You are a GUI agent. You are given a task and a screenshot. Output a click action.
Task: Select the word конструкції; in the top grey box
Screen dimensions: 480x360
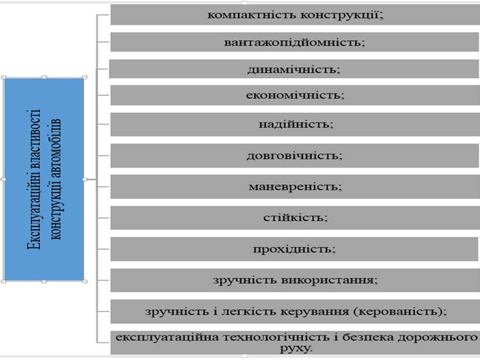pos(342,15)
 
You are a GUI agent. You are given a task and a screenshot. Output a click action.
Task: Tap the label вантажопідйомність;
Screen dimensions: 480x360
pos(295,42)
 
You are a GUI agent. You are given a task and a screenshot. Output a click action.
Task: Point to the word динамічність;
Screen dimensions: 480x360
pos(294,69)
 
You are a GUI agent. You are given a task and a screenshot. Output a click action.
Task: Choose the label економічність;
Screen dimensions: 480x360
pos(295,95)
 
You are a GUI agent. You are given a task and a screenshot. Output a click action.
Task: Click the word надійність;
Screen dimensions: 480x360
pos(296,124)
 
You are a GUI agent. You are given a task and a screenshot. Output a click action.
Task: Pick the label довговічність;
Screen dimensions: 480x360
pos(295,156)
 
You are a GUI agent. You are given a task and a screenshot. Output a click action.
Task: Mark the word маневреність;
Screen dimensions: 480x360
pos(295,186)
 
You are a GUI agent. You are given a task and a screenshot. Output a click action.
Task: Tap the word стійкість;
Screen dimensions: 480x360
pos(295,218)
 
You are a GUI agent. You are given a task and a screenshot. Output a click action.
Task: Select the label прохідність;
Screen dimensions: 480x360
pos(295,249)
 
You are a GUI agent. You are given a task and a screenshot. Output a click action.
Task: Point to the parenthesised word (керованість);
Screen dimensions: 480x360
pos(400,311)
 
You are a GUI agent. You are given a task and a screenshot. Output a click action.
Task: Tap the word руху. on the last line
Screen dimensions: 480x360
pos(296,348)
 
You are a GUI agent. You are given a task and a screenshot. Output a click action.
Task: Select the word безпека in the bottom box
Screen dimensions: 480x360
pos(367,337)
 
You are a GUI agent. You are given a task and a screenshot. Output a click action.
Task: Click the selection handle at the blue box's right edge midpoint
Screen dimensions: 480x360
pos(85,179)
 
